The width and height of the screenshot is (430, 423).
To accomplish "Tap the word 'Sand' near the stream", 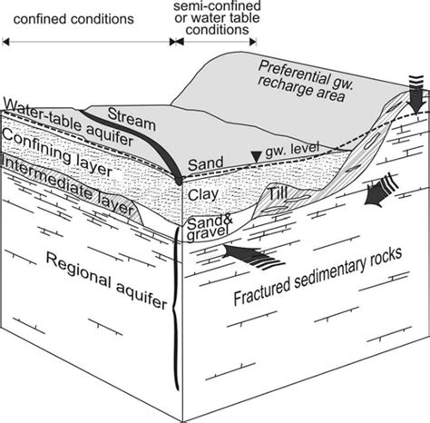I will (x=205, y=164).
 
